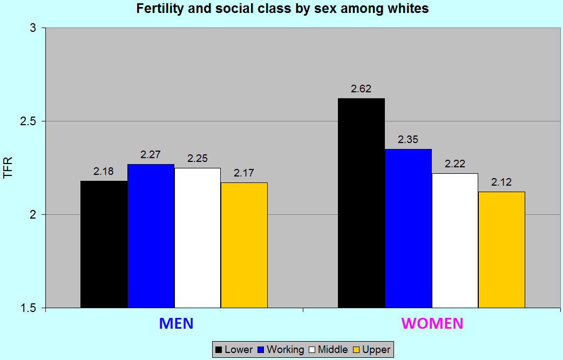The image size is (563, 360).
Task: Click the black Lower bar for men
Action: [104, 244]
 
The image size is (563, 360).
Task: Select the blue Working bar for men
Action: [151, 236]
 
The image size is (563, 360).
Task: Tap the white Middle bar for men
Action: [197, 237]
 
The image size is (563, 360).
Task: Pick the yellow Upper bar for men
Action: [244, 245]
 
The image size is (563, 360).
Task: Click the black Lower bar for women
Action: [361, 203]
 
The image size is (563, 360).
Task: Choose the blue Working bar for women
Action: [408, 228]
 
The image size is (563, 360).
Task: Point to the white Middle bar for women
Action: [455, 240]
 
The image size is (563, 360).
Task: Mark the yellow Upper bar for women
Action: [501, 249]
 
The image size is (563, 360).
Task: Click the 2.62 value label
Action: [361, 89]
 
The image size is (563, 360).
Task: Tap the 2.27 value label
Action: [151, 155]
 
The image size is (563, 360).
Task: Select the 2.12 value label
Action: [501, 182]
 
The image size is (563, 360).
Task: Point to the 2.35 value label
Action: [408, 140]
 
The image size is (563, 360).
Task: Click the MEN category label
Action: [176, 323]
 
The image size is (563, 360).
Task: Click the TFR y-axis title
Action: [8, 168]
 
